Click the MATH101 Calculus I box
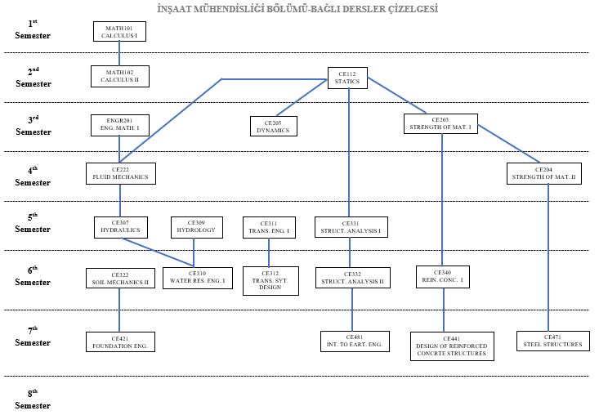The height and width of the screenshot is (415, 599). pyautogui.click(x=119, y=33)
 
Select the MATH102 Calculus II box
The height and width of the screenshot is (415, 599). pyautogui.click(x=119, y=77)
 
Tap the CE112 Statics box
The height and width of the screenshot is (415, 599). pyautogui.click(x=347, y=78)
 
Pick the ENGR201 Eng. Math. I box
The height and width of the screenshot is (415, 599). pyautogui.click(x=119, y=125)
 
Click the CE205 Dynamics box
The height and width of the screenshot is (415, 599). pyautogui.click(x=274, y=126)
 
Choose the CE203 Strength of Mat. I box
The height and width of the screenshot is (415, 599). pyautogui.click(x=441, y=123)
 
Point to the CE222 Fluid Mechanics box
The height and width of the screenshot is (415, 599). pyautogui.click(x=120, y=173)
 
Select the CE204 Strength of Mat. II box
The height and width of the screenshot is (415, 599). pyautogui.click(x=543, y=173)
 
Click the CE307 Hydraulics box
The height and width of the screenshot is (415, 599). pyautogui.click(x=120, y=226)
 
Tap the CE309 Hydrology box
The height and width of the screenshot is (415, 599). pyautogui.click(x=196, y=226)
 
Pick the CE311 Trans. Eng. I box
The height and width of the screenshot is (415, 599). pyautogui.click(x=269, y=227)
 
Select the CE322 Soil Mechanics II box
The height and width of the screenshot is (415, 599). pyautogui.click(x=119, y=278)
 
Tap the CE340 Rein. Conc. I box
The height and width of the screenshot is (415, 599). pyautogui.click(x=443, y=277)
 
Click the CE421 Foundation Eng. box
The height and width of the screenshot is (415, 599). pyautogui.click(x=120, y=341)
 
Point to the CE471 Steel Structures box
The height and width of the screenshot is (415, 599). pyautogui.click(x=552, y=340)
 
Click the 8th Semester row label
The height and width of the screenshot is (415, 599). pyautogui.click(x=33, y=399)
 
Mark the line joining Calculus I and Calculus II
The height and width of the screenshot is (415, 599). pyautogui.click(x=119, y=55)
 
